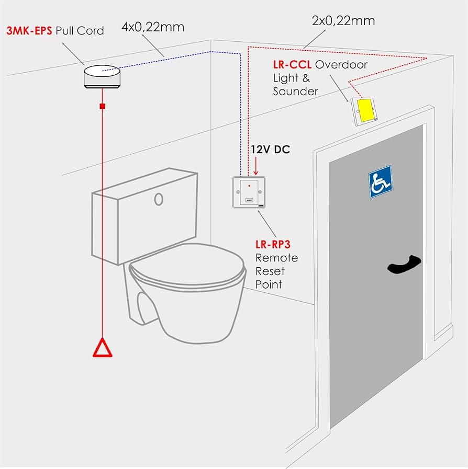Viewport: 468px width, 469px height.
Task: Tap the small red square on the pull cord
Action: pos(103,106)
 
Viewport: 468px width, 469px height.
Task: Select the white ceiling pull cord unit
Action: pos(102,77)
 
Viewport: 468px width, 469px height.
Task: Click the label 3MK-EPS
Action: pos(29,30)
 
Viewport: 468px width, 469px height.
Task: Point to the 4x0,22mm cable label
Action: pos(153,27)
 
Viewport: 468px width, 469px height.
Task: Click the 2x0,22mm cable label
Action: pos(343,21)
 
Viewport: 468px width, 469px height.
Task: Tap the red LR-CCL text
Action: pos(292,65)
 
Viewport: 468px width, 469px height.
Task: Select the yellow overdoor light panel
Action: pos(365,111)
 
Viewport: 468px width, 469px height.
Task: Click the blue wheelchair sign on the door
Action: pos(380,181)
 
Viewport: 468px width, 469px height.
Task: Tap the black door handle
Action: pos(404,264)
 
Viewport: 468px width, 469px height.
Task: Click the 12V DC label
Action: pos(270,150)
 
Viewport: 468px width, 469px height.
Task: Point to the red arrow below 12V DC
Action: pos(255,166)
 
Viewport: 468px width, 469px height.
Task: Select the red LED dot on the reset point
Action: pos(249,186)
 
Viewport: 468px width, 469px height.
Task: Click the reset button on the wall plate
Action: pos(249,200)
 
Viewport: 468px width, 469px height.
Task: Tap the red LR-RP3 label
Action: pos(273,245)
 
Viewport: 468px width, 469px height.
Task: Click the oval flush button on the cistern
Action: pos(159,199)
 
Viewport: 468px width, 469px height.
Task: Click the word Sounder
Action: pos(295,91)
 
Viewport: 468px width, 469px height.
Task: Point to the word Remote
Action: pos(277,258)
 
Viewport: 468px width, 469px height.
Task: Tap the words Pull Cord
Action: pos(80,30)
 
